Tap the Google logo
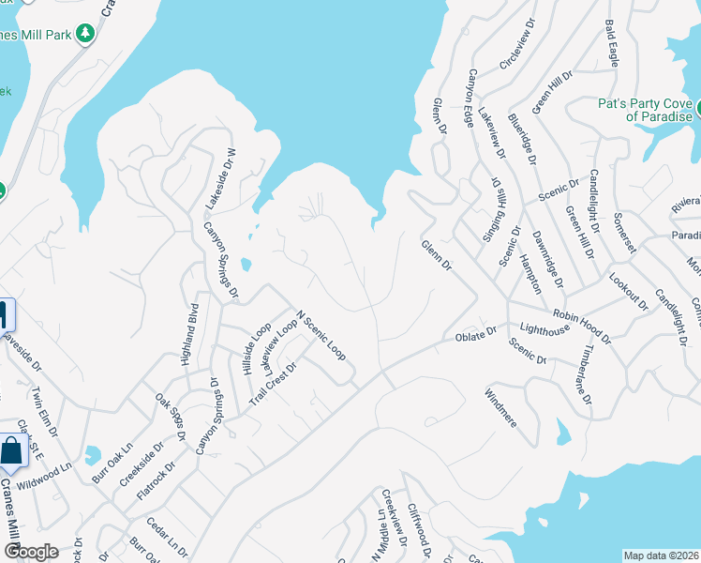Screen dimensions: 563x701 [x=30, y=551]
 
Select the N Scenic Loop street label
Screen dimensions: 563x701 [x=321, y=336]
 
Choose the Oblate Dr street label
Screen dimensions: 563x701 [x=475, y=335]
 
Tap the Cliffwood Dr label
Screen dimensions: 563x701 [x=417, y=527]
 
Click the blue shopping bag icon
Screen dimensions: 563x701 [x=11, y=451]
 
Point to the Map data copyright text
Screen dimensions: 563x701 [x=661, y=555]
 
